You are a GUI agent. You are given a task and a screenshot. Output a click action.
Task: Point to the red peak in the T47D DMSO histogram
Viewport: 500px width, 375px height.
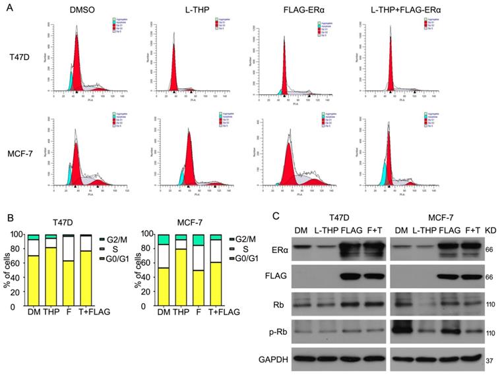click(77, 66)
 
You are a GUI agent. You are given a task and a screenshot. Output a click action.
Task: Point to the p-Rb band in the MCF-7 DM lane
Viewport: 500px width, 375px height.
click(404, 328)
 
